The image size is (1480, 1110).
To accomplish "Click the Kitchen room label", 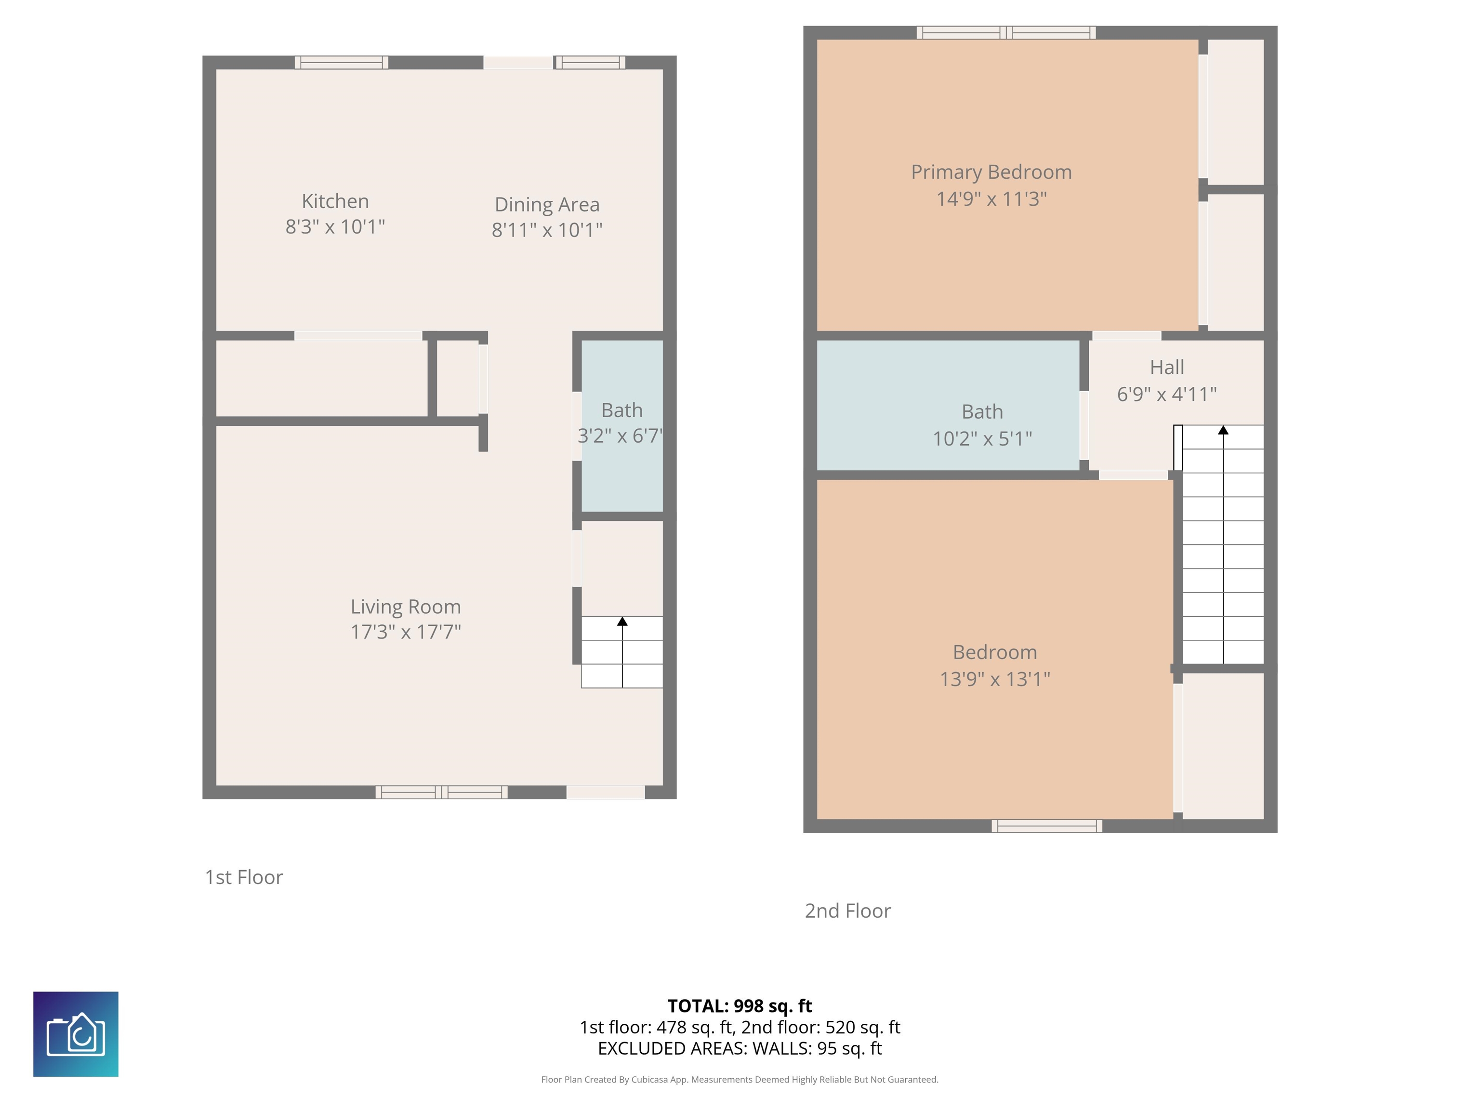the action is click(335, 201).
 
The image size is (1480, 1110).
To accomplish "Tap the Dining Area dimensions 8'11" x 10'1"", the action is click(547, 230).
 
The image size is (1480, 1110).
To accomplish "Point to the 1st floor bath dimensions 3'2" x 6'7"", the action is click(620, 436).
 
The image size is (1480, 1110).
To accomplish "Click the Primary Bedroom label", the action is click(991, 172).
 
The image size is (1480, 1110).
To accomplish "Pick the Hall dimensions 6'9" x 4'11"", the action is click(1167, 394).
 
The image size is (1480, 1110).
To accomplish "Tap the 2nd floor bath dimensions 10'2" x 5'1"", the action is click(982, 439).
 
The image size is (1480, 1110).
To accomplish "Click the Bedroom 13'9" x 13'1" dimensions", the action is click(995, 680).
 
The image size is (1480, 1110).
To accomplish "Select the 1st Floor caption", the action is click(244, 877).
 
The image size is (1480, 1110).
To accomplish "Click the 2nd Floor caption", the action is click(848, 911).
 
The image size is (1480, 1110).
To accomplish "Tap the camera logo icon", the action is click(76, 1034).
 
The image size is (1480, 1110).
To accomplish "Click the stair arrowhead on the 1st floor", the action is click(622, 621).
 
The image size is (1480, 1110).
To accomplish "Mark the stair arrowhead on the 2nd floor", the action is click(1223, 430).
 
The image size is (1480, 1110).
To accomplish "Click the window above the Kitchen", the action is click(341, 62).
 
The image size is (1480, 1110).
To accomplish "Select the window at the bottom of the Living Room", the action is click(441, 792).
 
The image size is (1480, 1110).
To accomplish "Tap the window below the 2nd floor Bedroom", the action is click(1046, 826).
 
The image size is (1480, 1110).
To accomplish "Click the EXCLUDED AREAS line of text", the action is click(740, 1048).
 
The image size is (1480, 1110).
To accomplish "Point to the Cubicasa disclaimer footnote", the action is click(740, 1079).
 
